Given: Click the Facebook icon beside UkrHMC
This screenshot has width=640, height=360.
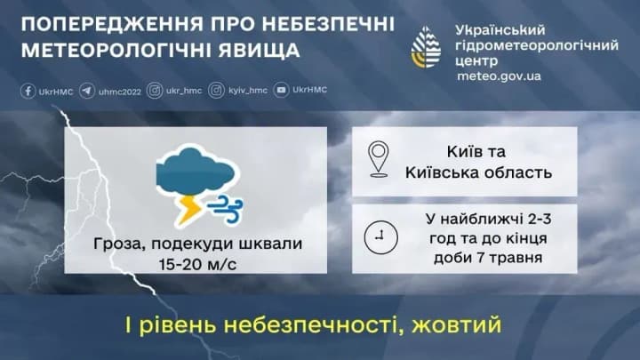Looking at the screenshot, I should point(28,91).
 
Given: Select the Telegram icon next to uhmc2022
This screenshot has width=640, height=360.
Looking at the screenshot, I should point(87,91).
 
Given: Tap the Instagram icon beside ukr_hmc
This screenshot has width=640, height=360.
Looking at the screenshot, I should point(155,91).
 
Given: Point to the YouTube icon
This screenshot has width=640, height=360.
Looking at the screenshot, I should point(281,91).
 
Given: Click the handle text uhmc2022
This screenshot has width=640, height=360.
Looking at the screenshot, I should point(119,91).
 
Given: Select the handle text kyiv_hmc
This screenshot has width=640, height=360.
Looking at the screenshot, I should point(247,91).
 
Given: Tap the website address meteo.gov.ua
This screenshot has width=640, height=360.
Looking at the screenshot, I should point(498,76).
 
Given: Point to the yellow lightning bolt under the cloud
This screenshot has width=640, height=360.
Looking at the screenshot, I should point(189,207).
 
